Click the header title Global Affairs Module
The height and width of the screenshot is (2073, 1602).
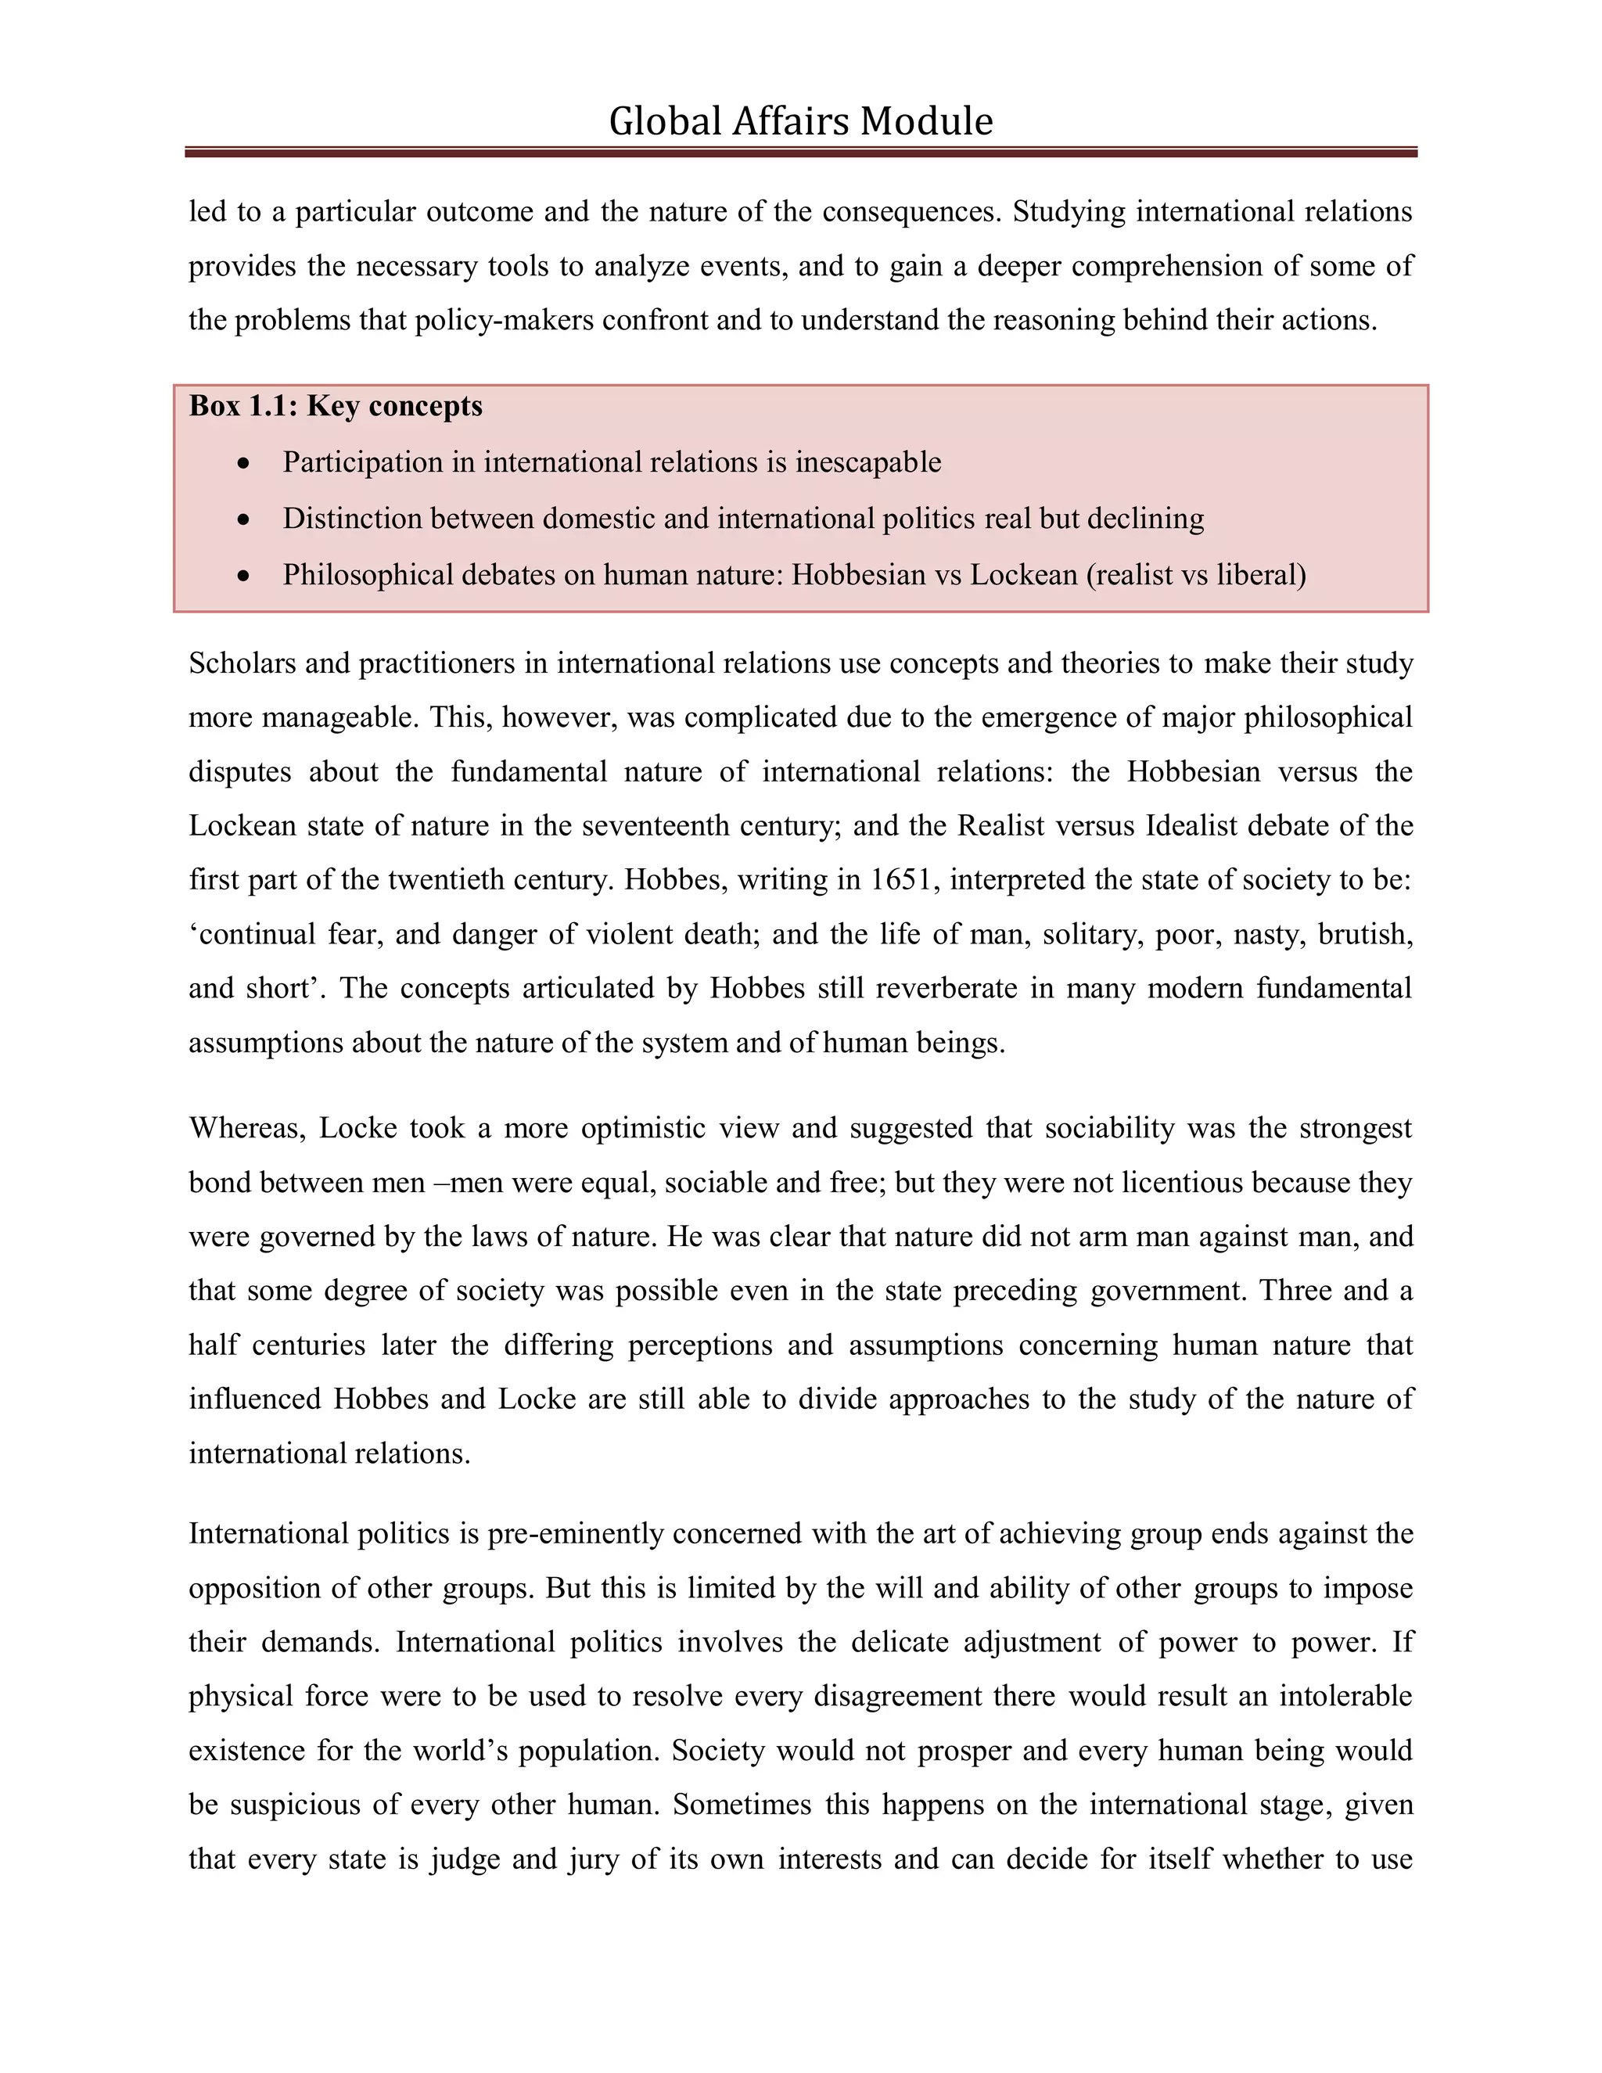point(800,121)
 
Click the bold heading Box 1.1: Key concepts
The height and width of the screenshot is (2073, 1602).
point(335,406)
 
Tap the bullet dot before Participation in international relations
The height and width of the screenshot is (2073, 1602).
point(245,463)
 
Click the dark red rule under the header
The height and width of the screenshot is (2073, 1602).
point(800,152)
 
